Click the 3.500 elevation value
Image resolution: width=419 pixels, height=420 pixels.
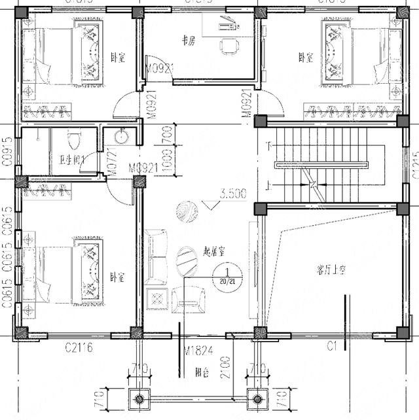tap(233, 194)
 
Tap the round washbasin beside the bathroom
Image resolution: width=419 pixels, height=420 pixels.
tap(120, 137)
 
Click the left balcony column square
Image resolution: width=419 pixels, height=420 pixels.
tap(139, 397)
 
